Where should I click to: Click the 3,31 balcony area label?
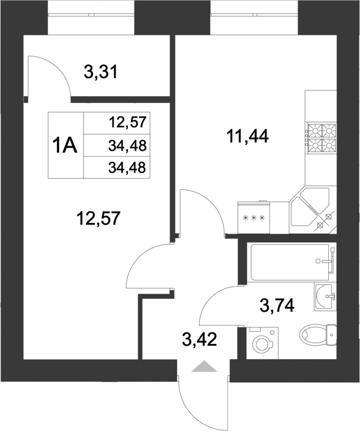(x=101, y=71)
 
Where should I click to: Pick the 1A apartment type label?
(x=65, y=145)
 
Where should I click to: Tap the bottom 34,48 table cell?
(x=127, y=168)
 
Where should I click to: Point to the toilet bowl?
(x=316, y=335)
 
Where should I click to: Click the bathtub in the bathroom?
(x=289, y=262)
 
